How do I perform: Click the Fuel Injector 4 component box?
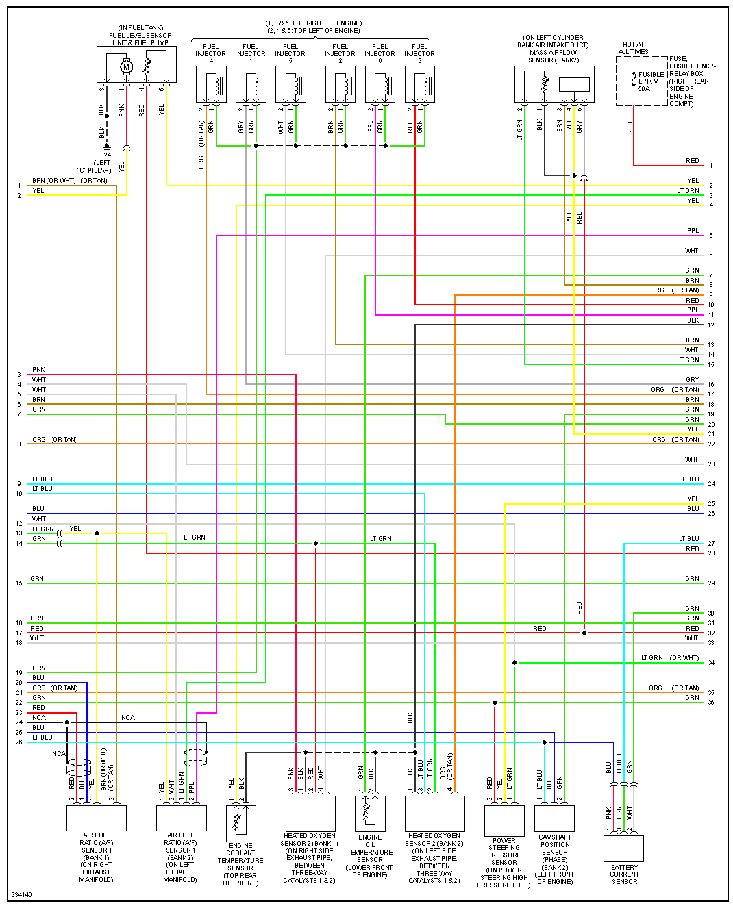(211, 84)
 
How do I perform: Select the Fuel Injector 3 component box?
(420, 84)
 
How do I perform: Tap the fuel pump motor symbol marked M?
(126, 67)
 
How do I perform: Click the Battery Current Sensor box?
(623, 848)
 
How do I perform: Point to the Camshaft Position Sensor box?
(554, 818)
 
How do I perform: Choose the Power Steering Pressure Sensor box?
(504, 820)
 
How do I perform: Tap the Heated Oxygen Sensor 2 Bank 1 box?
(310, 814)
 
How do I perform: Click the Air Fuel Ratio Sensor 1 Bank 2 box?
(182, 818)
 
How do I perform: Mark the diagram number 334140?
(21, 895)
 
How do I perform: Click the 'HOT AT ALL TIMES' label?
(633, 48)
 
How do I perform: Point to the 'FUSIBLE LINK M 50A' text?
(650, 81)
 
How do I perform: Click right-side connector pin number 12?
(711, 325)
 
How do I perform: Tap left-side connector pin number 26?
(19, 742)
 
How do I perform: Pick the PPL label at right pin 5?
(693, 231)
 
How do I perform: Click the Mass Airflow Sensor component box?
(554, 84)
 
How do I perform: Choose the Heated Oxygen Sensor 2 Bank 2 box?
(435, 814)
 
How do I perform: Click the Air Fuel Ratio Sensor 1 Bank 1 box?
(97, 818)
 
